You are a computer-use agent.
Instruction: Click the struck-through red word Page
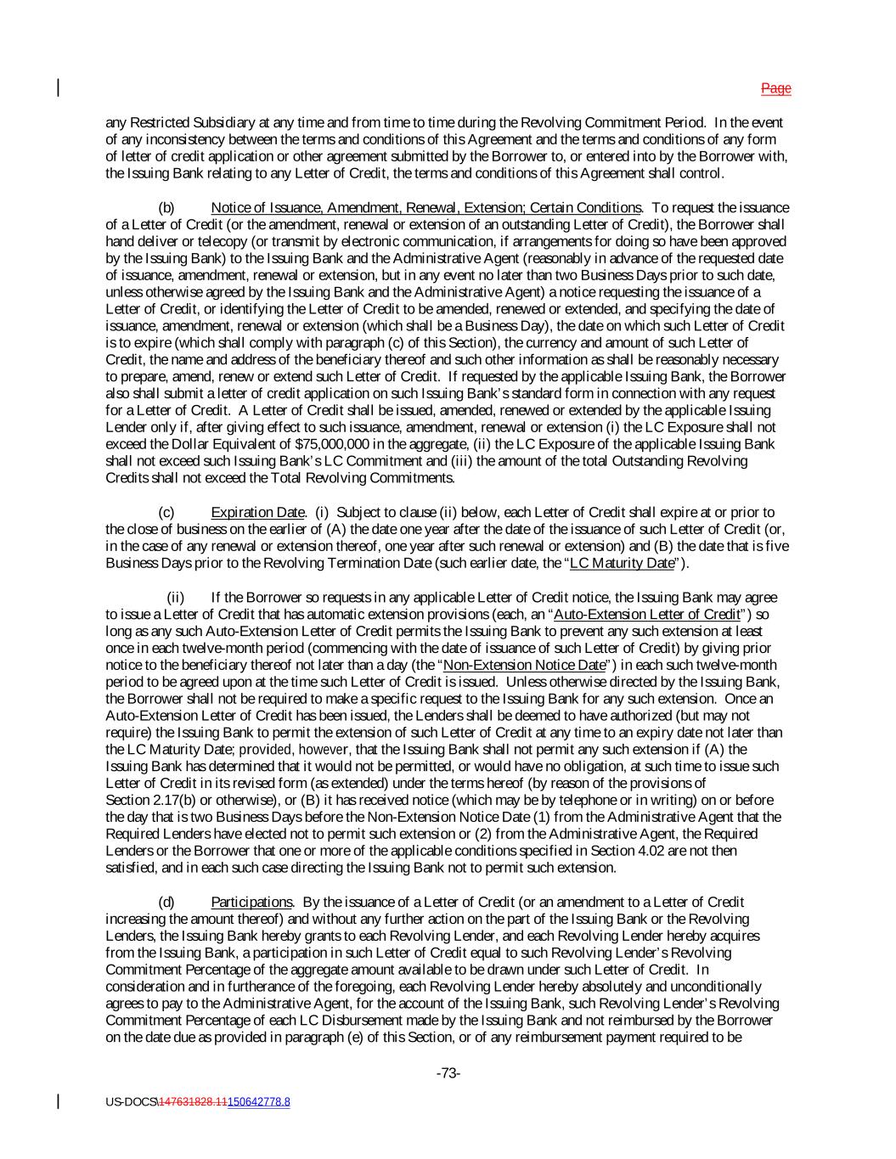(x=775, y=88)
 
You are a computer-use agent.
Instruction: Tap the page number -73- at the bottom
(x=448, y=1073)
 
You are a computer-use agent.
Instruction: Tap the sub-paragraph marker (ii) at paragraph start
(x=175, y=598)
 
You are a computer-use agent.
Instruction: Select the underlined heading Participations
(x=251, y=903)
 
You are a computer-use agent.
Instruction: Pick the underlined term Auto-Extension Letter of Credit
(x=646, y=615)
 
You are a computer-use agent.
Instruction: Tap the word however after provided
(x=324, y=750)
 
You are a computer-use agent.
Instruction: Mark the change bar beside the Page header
(x=59, y=88)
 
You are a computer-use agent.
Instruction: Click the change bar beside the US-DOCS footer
(x=59, y=1102)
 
